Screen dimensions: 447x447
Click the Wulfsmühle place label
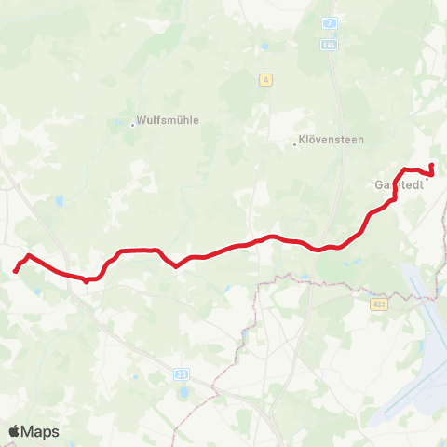pyautogui.click(x=169, y=120)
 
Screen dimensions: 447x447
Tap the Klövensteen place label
pyautogui.click(x=331, y=141)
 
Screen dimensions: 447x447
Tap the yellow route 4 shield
pyautogui.click(x=266, y=80)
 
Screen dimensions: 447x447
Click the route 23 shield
pyautogui.click(x=180, y=373)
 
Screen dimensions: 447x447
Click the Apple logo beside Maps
pyautogui.click(x=16, y=431)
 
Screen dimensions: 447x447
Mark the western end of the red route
pyautogui.click(x=16, y=271)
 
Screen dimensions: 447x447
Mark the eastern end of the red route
pyautogui.click(x=431, y=166)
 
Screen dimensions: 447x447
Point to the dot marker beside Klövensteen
pyautogui.click(x=294, y=144)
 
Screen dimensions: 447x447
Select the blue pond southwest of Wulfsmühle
pyautogui.click(x=59, y=199)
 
